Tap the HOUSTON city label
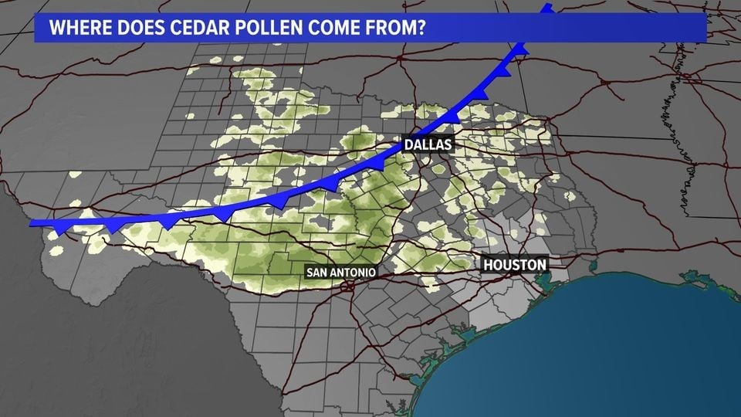(x=515, y=265)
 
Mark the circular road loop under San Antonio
(x=348, y=286)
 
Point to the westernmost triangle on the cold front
(x=59, y=229)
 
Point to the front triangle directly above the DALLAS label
(x=451, y=117)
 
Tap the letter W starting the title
(x=56, y=29)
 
